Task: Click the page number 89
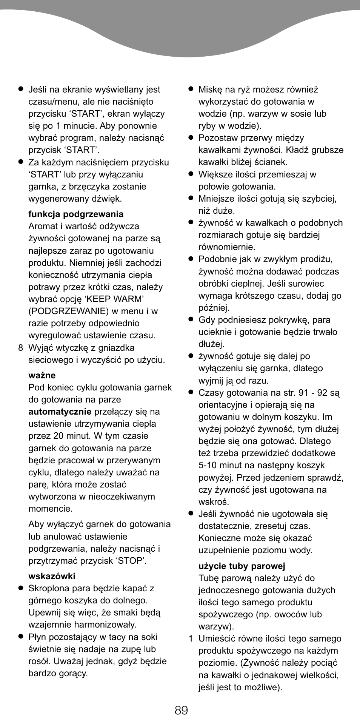click(181, 710)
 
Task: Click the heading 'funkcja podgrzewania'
click(76, 214)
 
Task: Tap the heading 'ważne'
click(42, 375)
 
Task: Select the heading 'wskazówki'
click(52, 576)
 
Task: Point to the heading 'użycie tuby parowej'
click(242, 566)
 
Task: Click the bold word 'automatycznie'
click(60, 412)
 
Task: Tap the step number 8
click(21, 348)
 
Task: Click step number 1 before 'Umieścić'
click(191, 639)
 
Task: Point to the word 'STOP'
click(131, 561)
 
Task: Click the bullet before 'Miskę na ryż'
click(191, 89)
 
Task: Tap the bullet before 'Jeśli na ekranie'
click(21, 89)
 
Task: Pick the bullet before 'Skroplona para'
click(21, 588)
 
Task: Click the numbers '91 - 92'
click(313, 393)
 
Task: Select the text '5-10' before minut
click(208, 465)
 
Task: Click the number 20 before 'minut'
click(58, 436)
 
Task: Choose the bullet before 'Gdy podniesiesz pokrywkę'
click(191, 320)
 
